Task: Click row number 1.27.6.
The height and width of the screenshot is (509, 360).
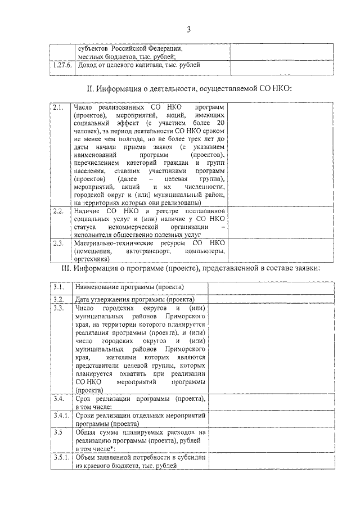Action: (x=60, y=65)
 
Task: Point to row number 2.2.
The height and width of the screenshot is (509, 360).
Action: (x=58, y=211)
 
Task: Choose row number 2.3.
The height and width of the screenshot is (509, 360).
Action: (x=58, y=243)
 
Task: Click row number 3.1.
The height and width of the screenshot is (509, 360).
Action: (x=59, y=287)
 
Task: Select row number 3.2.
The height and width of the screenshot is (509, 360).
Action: (x=59, y=299)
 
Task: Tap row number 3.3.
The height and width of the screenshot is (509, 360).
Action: (x=59, y=309)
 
